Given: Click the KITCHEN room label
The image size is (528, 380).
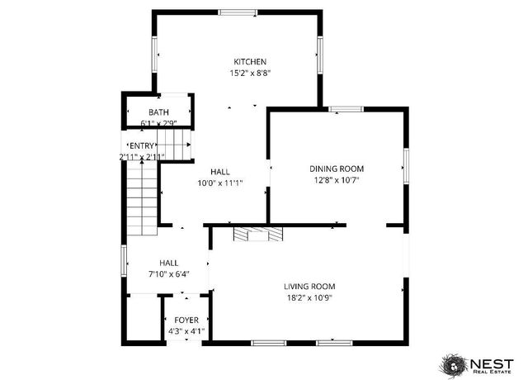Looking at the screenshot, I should (250, 62).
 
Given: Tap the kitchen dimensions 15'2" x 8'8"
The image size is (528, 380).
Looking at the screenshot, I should (250, 73).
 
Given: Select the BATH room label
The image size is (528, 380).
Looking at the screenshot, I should (158, 112).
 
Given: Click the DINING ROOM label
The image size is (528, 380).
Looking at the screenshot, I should (337, 169).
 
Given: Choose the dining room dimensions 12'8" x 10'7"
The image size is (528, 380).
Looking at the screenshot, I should (337, 179).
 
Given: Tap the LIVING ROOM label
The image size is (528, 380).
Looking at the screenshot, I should (310, 287).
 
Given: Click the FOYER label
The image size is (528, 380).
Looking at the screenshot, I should (186, 320).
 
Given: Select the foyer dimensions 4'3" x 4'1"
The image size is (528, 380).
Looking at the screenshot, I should (186, 330).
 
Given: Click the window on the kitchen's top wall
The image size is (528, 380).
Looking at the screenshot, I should (237, 11).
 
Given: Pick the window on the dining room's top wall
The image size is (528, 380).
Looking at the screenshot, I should (345, 108).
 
